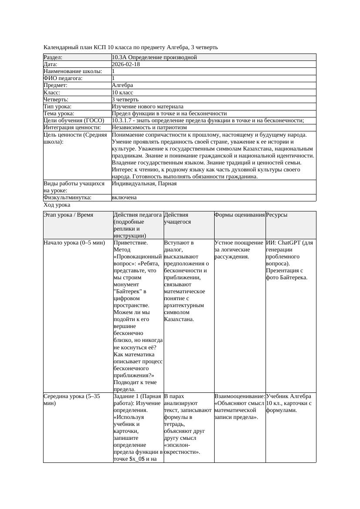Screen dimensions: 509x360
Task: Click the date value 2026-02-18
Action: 126,64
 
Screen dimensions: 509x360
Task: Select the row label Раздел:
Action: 53,57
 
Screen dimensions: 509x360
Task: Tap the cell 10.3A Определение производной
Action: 154,57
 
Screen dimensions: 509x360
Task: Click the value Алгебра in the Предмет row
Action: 122,85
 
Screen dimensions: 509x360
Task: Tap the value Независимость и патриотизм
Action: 149,127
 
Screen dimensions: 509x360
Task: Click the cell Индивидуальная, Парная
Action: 144,184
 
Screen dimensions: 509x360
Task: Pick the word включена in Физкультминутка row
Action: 124,198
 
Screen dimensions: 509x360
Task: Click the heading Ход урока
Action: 57,205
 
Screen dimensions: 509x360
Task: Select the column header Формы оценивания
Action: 239,215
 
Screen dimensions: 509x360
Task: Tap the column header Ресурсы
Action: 276,215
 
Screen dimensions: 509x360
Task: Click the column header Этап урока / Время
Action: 68,215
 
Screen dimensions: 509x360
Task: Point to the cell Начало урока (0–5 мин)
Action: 74,243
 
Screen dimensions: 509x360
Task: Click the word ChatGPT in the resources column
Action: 290,243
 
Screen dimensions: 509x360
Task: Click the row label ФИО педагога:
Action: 63,78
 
